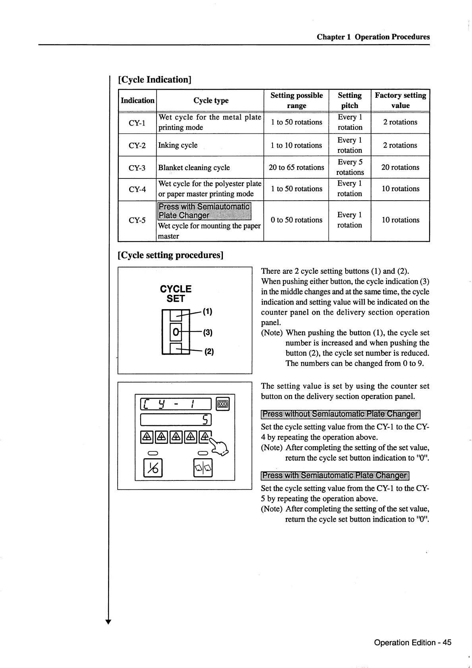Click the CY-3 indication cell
[x=137, y=168]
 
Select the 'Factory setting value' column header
[x=400, y=100]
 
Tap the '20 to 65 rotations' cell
[x=296, y=167]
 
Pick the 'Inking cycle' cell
[x=178, y=145]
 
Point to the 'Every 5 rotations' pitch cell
[x=350, y=167]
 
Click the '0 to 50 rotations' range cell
[x=296, y=220]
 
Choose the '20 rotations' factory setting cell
[x=400, y=167]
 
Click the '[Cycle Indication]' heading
[x=155, y=79]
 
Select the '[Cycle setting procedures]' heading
[x=171, y=255]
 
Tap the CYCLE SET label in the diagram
[x=176, y=294]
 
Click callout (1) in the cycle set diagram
[x=207, y=312]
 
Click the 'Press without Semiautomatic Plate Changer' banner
[x=340, y=414]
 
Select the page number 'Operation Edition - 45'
[x=412, y=643]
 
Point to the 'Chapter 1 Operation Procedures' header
[x=373, y=37]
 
